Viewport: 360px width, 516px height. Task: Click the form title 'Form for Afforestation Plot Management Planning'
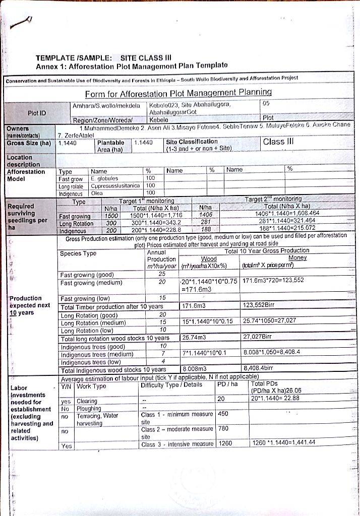tap(178, 93)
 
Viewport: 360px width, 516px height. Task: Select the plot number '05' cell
tap(267, 104)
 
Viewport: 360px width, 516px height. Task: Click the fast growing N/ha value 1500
tap(111, 216)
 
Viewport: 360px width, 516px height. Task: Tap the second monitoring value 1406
tap(206, 216)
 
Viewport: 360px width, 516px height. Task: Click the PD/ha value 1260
tap(225, 443)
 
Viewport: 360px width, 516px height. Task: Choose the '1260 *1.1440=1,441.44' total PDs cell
tap(282, 443)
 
